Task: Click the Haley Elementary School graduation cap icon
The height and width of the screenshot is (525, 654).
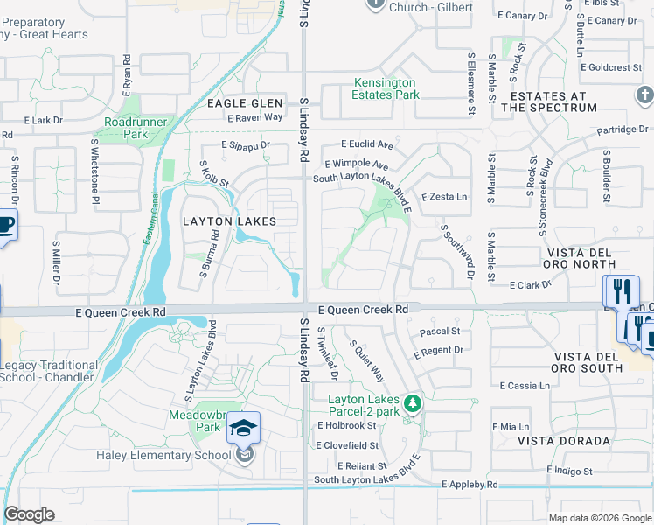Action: point(244,428)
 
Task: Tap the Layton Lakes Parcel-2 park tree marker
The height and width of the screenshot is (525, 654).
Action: point(416,403)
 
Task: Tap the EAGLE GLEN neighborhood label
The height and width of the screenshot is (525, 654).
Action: point(245,103)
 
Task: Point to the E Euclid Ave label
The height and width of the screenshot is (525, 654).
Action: point(367,143)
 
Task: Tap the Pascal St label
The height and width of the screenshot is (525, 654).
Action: point(440,332)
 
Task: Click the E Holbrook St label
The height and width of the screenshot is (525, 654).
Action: point(347,425)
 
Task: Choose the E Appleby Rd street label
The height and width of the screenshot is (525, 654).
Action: point(470,484)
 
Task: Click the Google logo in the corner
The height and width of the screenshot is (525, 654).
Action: point(29,514)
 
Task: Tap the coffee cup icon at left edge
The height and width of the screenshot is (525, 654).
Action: point(6,227)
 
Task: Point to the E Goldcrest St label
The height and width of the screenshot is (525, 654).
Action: point(616,67)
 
